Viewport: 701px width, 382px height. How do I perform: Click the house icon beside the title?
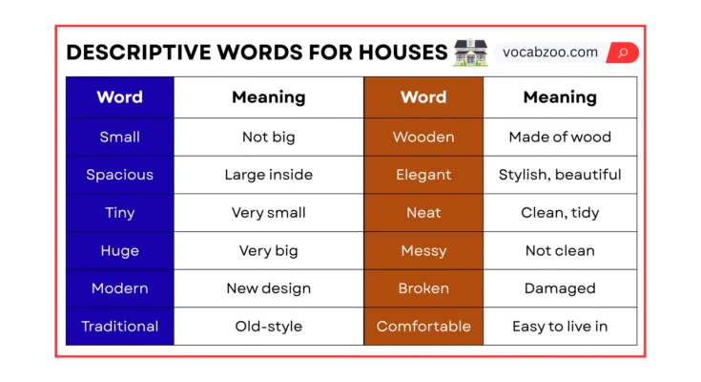click(x=471, y=53)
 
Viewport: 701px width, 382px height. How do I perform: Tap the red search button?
click(x=622, y=53)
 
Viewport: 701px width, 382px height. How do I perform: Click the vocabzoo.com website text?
click(x=550, y=53)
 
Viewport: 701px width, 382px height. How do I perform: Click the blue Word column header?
click(x=119, y=97)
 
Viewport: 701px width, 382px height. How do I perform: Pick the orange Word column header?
click(x=423, y=97)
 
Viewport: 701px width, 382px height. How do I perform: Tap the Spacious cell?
click(x=119, y=175)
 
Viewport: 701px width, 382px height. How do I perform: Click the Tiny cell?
click(x=119, y=213)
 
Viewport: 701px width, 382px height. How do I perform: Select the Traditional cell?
click(x=119, y=327)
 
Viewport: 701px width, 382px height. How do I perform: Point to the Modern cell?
click(x=119, y=288)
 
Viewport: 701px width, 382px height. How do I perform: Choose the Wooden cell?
click(x=423, y=137)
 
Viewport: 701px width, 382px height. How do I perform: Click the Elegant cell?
click(x=423, y=175)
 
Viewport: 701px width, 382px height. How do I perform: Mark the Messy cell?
click(x=423, y=250)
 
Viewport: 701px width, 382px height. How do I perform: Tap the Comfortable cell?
click(x=423, y=327)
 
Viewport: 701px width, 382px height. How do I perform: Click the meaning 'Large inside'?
click(x=268, y=175)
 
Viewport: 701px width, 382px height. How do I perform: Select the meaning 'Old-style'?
click(x=268, y=327)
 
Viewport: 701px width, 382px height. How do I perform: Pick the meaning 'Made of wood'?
click(x=560, y=137)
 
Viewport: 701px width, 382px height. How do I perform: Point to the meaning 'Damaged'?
click(x=560, y=288)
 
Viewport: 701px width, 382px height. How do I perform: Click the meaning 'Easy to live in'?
click(x=560, y=327)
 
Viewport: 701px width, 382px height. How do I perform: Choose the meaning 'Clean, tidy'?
click(x=560, y=213)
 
